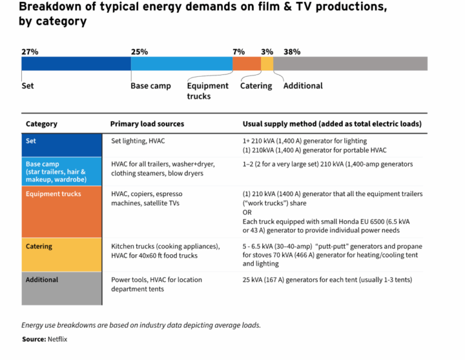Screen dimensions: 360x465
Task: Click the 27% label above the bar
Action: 30,51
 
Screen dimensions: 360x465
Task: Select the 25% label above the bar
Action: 139,51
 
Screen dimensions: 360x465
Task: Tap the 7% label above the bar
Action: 239,51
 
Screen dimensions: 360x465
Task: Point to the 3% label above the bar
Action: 267,51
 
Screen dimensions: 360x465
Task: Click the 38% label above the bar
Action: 292,51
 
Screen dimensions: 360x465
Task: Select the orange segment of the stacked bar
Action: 246,64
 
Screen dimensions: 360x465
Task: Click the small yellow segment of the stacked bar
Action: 267,64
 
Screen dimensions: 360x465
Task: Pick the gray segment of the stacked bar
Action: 350,64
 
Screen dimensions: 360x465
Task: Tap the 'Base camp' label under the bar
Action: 151,86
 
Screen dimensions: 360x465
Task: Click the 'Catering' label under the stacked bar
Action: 256,86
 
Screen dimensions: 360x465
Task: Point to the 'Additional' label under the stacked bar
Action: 303,86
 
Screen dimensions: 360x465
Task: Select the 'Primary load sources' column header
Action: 147,124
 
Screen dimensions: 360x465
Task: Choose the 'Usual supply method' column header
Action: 332,124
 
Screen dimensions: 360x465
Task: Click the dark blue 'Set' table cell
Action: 61,145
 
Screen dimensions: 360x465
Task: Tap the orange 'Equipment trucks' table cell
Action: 61,212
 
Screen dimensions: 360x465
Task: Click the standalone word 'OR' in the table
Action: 248,212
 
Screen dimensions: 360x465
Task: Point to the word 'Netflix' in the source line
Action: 58,339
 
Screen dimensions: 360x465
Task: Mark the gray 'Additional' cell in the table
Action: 61,288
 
